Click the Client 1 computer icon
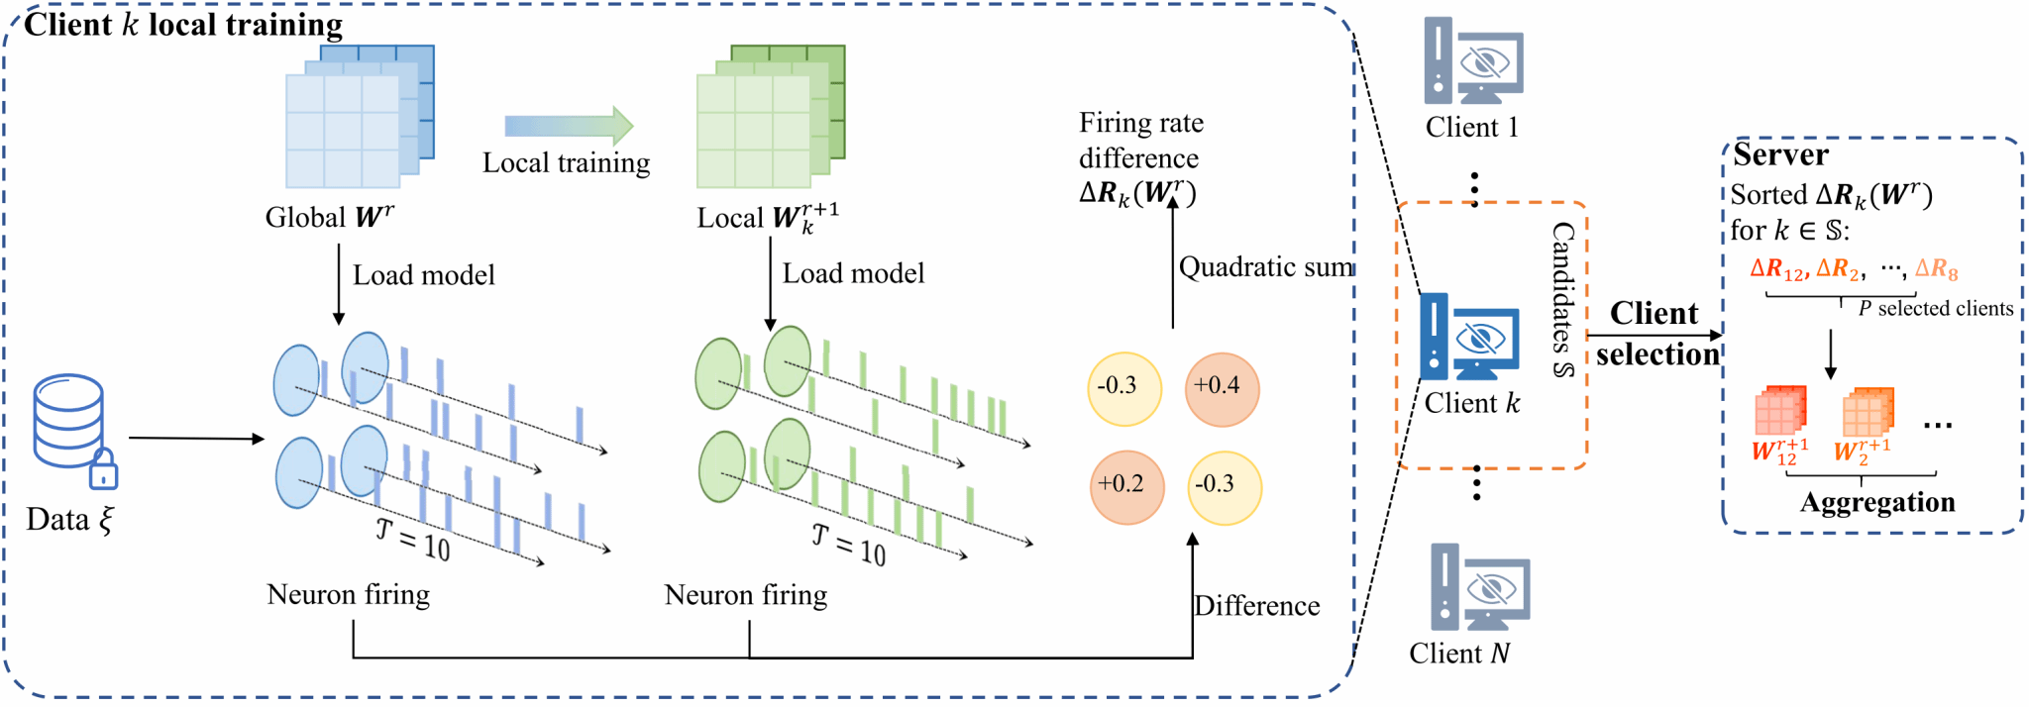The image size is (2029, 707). pyautogui.click(x=1473, y=61)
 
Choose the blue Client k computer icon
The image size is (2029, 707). pyautogui.click(x=1469, y=338)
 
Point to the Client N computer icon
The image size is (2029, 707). pyautogui.click(x=1480, y=588)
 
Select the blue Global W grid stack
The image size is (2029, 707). pyautogui.click(x=359, y=116)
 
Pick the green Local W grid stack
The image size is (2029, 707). pyautogui.click(x=770, y=116)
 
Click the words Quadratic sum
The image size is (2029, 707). pyautogui.click(x=1266, y=267)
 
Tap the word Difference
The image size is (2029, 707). pyautogui.click(x=1256, y=606)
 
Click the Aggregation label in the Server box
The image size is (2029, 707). pyautogui.click(x=1876, y=503)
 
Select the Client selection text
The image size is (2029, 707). pyautogui.click(x=1655, y=334)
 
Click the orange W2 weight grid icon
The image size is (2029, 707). pyautogui.click(x=1868, y=412)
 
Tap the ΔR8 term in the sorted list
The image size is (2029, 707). pyautogui.click(x=1936, y=269)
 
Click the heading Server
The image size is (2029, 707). pyautogui.click(x=1780, y=154)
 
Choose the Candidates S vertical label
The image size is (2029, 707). pyautogui.click(x=1563, y=300)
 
